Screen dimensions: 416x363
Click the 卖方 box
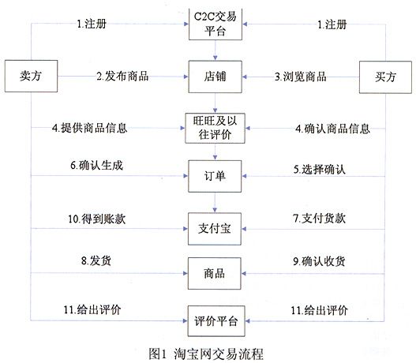(31, 76)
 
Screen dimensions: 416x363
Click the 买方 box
(385, 77)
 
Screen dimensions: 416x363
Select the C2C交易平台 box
(215, 24)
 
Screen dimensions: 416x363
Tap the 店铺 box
(215, 77)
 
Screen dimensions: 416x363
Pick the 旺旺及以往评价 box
(215, 128)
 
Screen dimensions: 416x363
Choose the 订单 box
(215, 176)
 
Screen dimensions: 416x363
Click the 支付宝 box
(215, 229)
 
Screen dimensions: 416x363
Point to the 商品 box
(215, 273)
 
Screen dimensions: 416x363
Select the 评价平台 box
(216, 321)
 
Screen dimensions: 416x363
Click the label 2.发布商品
(122, 76)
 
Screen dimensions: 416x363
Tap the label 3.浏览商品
(300, 77)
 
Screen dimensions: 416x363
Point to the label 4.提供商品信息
(90, 128)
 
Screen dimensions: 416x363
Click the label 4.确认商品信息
(332, 129)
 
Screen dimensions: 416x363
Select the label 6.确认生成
(97, 166)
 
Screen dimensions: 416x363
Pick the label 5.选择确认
(320, 169)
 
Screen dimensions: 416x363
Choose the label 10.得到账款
(97, 219)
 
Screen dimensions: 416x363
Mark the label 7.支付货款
(319, 219)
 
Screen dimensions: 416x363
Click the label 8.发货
(96, 260)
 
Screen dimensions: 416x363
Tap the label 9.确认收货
(319, 261)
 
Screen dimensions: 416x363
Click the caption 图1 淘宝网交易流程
(206, 354)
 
